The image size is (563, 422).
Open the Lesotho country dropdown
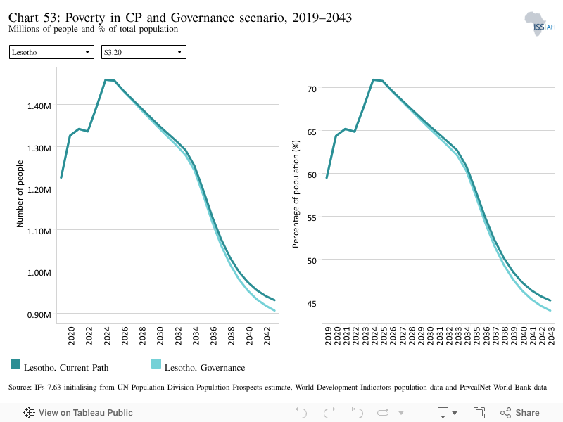pyautogui.click(x=51, y=52)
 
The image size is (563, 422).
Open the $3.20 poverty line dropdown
pyautogui.click(x=144, y=52)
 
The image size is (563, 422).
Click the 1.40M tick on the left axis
pyautogui.click(x=39, y=106)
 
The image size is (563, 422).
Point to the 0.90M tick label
pyautogui.click(x=39, y=315)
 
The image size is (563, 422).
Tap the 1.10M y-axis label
pyautogui.click(x=39, y=231)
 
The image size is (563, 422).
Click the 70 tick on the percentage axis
pyautogui.click(x=312, y=89)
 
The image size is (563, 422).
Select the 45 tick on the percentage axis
pyautogui.click(x=312, y=304)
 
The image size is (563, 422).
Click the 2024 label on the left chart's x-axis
pyautogui.click(x=107, y=336)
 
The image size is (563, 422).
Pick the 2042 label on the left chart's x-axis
pyautogui.click(x=267, y=336)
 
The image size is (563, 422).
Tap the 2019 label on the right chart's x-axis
pyautogui.click(x=328, y=336)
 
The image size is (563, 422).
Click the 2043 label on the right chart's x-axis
pyautogui.click(x=551, y=336)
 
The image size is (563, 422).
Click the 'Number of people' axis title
pyautogui.click(x=20, y=194)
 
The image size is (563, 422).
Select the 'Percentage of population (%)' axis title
pyautogui.click(x=296, y=194)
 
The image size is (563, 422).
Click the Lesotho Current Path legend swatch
pyautogui.click(x=15, y=364)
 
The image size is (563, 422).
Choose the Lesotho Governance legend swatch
pyautogui.click(x=156, y=364)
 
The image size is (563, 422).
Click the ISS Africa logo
pyautogui.click(x=539, y=24)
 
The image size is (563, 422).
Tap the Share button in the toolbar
pyautogui.click(x=520, y=413)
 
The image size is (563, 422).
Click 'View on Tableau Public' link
pyautogui.click(x=78, y=413)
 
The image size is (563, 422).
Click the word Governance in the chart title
pyautogui.click(x=203, y=18)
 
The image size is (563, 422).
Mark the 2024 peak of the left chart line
pyautogui.click(x=106, y=79)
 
